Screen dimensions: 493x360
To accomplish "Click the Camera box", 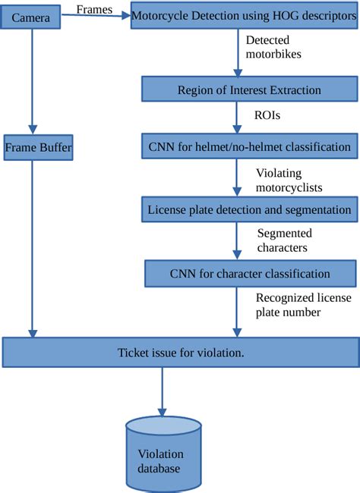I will tap(30, 15).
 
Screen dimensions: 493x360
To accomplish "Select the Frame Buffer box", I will tap(37, 147).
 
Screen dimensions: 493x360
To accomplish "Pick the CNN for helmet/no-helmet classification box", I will tap(248, 145).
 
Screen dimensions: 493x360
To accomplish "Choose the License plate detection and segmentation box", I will tap(248, 208).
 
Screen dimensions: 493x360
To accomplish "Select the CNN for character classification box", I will tap(248, 273).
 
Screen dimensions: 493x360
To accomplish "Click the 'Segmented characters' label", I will tap(283, 240).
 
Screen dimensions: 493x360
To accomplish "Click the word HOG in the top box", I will tap(276, 15).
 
